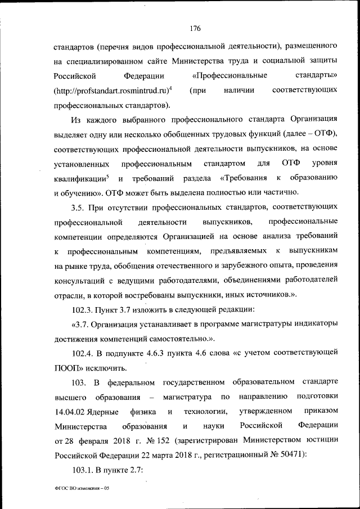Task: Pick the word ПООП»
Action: click(68, 368)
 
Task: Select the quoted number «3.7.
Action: click(80, 325)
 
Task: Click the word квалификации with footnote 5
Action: click(80, 178)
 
